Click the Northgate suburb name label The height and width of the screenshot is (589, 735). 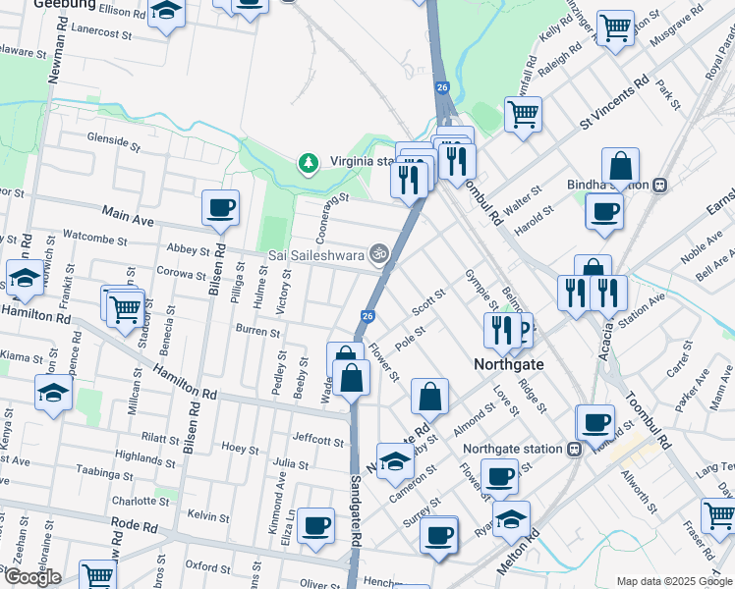pos(509,363)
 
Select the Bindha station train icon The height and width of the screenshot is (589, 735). pos(661,184)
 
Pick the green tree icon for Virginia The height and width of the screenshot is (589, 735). pos(309,161)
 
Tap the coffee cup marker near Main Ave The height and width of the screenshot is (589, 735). pos(221,208)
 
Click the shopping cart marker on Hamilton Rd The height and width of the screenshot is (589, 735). pos(126,309)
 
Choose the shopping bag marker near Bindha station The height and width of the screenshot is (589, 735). pos(621,166)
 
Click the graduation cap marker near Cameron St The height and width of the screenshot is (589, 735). pos(395,460)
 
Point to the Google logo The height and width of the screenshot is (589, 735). pos(31,577)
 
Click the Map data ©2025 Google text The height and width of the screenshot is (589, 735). pos(673,581)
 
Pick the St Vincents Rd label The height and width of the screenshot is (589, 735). pos(613,101)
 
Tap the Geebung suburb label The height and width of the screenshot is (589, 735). pos(65,4)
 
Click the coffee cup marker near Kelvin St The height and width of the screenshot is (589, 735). pos(316,525)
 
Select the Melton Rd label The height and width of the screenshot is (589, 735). pos(520,553)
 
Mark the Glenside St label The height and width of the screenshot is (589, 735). pos(113,139)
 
